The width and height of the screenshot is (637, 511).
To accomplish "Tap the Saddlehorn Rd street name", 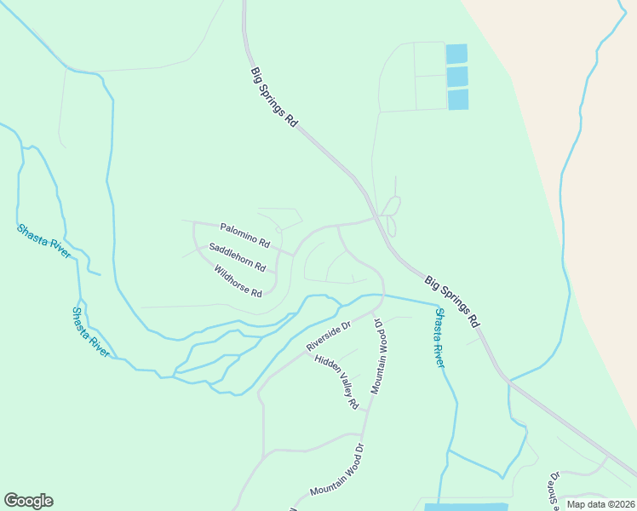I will click(237, 257).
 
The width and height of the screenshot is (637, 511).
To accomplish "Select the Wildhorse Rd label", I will click(238, 282).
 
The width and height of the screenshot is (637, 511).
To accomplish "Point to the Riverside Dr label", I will click(329, 336).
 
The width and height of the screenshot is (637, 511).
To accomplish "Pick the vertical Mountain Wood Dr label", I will click(379, 359).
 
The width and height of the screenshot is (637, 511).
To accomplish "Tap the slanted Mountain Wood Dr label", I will click(336, 470).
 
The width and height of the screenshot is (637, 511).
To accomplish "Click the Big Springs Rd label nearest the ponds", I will click(273, 97).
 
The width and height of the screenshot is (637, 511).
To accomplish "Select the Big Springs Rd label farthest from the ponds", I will click(453, 301).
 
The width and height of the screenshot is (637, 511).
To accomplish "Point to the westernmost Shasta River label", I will click(43, 241).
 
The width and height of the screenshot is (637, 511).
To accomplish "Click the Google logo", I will click(28, 501).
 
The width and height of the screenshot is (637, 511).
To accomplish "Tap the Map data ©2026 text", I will click(600, 504).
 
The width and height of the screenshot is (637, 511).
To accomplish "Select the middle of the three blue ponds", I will click(457, 77).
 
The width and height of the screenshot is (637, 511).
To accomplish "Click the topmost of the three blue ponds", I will click(457, 54).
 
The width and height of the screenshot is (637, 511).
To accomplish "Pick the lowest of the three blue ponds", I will click(458, 100).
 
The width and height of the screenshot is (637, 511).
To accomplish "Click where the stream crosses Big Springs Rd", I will click(508, 380).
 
